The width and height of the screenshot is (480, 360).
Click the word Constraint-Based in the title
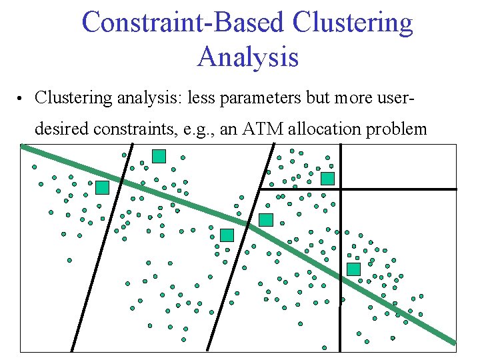pyautogui.click(x=183, y=23)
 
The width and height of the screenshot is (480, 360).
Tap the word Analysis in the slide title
pyautogui.click(x=247, y=57)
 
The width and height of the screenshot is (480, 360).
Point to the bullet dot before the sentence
pyautogui.click(x=21, y=99)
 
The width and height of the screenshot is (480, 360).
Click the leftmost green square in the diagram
pyautogui.click(x=102, y=187)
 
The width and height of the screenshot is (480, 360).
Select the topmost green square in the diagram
pyautogui.click(x=159, y=156)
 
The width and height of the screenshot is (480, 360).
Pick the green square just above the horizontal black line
pyautogui.click(x=327, y=178)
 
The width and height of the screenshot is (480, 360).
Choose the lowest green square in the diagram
pyautogui.click(x=353, y=269)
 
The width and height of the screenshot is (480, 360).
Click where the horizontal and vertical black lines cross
pyautogui.click(x=340, y=189)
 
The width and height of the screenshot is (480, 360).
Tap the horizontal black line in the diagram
pyautogui.click(x=400, y=189)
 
